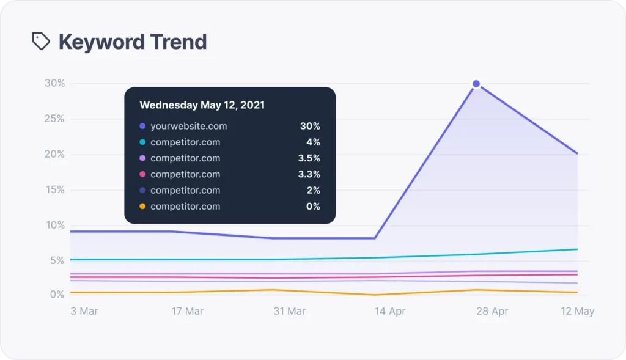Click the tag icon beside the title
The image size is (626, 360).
coord(41,42)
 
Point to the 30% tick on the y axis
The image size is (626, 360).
coord(54,83)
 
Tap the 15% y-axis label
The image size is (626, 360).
coord(54,189)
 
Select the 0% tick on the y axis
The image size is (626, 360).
coord(57,295)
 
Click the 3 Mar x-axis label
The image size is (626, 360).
coord(84,311)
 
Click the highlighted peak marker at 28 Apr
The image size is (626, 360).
coord(476,84)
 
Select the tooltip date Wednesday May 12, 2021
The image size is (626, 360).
coord(202,105)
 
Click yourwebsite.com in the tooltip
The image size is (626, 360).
coord(188,127)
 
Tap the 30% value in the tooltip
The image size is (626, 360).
coord(310,127)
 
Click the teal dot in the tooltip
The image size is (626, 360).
coord(142,142)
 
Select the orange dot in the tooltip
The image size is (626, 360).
coord(142,207)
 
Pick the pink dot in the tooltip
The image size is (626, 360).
coord(142,174)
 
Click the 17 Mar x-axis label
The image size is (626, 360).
coord(187,311)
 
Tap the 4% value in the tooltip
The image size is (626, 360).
coord(313,142)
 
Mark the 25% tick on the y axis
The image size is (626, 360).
coord(54,119)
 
